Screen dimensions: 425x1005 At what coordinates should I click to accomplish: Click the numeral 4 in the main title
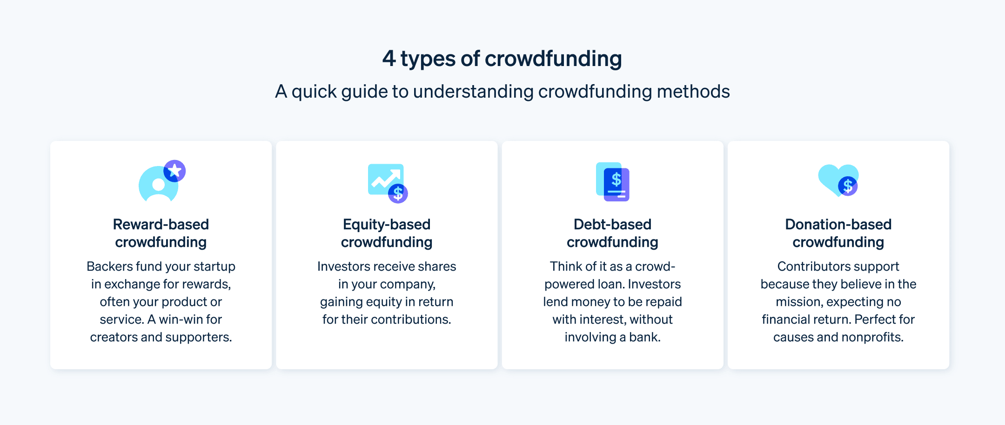(389, 59)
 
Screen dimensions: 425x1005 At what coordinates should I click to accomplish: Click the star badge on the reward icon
(175, 171)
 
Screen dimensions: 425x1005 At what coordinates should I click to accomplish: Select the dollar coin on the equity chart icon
(398, 193)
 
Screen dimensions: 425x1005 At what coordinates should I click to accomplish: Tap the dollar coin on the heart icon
(848, 186)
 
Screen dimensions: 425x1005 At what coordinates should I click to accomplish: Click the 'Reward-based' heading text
(161, 225)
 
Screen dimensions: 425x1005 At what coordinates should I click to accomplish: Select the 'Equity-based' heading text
(386, 225)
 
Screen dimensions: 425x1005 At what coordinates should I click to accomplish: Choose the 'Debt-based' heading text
(612, 225)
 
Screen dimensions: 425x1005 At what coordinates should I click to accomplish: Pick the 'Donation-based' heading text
(838, 225)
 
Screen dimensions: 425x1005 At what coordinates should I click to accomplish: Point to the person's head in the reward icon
(159, 185)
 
